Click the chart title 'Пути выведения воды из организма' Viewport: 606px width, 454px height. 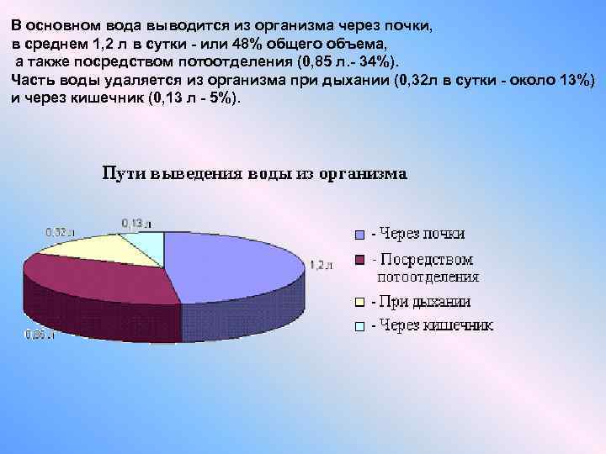(254, 174)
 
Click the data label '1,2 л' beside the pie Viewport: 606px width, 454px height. (322, 265)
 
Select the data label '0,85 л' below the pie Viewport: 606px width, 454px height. (39, 335)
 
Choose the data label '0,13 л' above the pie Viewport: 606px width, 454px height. (136, 224)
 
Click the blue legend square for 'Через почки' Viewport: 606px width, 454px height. (359, 235)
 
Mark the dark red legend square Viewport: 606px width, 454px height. (359, 260)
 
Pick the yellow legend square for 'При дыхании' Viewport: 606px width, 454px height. (359, 302)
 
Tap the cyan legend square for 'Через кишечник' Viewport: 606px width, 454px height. (359, 326)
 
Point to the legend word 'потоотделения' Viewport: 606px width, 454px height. (428, 276)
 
